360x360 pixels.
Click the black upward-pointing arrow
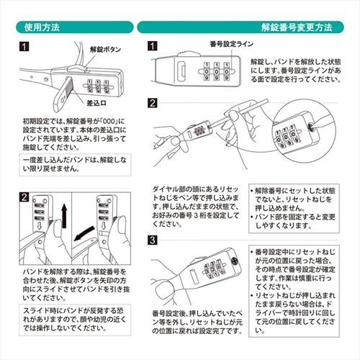pyautogui.click(x=63, y=215)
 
